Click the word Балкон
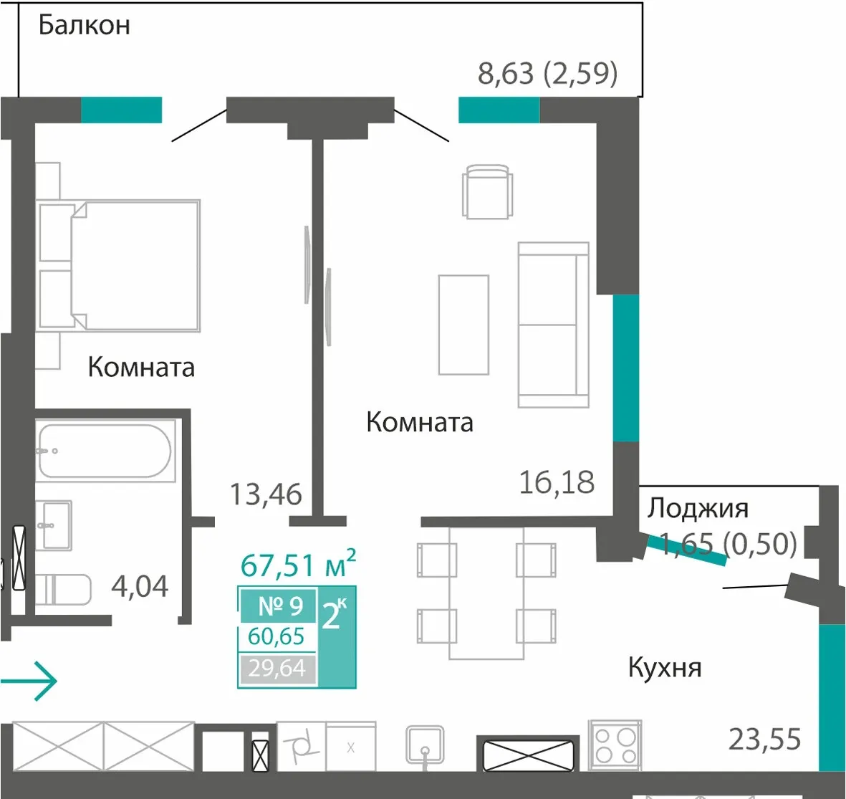point(84,25)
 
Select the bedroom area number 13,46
point(266,494)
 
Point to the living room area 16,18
point(557,482)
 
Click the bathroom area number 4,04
point(140,586)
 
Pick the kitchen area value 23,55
point(764,739)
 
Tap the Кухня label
point(665,668)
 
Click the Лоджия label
point(698,508)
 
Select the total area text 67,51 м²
point(298,565)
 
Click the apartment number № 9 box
point(279,606)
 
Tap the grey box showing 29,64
point(277,669)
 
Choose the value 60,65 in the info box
point(277,637)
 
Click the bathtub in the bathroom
point(105,451)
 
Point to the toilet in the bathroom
point(63,590)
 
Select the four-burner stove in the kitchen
point(615,745)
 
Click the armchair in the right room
point(487,191)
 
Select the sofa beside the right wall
point(553,325)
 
